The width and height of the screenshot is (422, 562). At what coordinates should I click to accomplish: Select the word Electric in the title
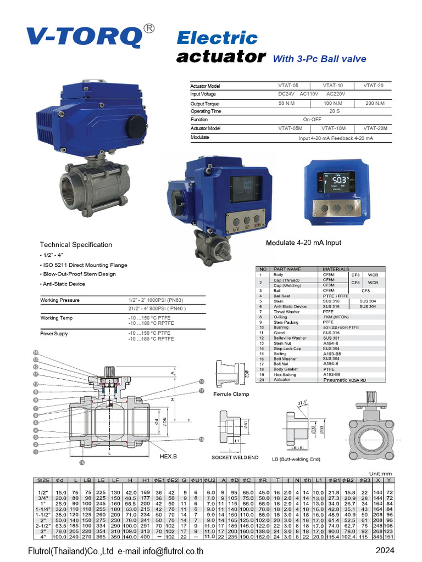[216, 38]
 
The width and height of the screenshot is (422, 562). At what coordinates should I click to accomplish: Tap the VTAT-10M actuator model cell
[332, 128]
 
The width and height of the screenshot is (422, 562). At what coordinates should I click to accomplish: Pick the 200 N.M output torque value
[375, 103]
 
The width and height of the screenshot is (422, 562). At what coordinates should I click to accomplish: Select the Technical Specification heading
[75, 245]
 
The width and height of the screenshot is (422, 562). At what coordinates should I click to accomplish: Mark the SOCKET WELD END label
[235, 457]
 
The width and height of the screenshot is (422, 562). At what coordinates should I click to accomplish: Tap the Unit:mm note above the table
[383, 473]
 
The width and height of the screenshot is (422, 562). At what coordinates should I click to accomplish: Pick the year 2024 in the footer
[387, 550]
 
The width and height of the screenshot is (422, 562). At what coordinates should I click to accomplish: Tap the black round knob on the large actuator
[136, 128]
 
